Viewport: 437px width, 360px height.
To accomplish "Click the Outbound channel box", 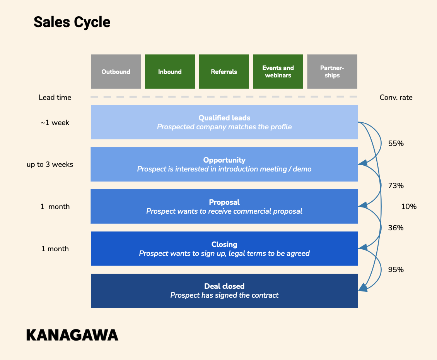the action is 116,72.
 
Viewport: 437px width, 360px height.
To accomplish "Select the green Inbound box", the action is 170,72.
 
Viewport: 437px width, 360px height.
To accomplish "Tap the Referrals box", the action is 224,72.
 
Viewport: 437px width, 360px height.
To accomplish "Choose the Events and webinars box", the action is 278,72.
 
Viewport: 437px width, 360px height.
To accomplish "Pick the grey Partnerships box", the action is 332,72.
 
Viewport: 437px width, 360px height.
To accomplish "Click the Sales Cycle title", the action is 72,22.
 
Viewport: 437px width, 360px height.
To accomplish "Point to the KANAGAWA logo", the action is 72,335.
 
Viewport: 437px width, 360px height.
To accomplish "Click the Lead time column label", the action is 55,98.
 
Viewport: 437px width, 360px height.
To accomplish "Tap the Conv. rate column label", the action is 396,98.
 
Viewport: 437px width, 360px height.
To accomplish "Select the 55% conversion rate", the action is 396,144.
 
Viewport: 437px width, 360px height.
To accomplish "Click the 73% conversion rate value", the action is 396,185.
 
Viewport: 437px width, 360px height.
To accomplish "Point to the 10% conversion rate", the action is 409,206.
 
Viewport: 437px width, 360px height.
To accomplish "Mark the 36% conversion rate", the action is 396,228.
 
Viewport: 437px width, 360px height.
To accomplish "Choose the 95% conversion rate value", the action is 396,269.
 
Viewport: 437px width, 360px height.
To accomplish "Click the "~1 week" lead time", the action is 55,122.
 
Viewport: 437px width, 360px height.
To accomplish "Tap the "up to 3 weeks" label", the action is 50,165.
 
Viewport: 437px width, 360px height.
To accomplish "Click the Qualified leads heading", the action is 224,118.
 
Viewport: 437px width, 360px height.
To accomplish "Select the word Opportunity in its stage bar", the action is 224,160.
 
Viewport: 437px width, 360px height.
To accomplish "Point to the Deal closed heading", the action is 224,286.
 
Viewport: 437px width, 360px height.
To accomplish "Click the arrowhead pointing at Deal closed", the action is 363,288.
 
